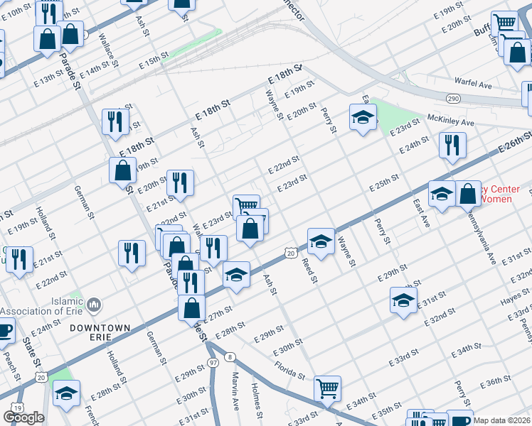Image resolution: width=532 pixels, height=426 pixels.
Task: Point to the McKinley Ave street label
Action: [x=450, y=121]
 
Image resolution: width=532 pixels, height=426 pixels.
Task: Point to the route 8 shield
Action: [x=230, y=356]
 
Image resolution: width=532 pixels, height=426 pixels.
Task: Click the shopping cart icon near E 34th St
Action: [x=327, y=388]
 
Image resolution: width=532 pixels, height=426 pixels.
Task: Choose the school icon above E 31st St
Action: [x=403, y=300]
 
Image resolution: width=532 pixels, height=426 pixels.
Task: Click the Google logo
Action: [x=23, y=417]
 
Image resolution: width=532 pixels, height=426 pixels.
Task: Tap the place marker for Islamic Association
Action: [x=94, y=306]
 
